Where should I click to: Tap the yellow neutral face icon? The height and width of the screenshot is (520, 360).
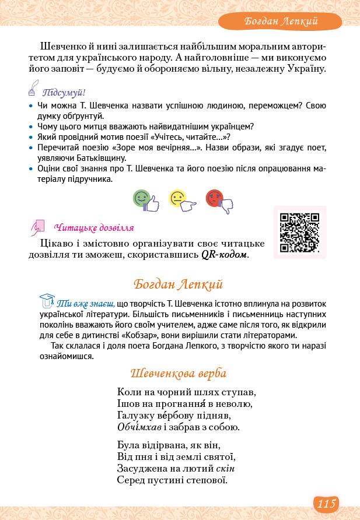(x=181, y=200)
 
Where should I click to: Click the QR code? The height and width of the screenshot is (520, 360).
(x=299, y=233)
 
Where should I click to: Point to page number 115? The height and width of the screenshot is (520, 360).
(x=326, y=503)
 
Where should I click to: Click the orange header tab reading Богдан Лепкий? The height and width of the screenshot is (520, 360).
(x=281, y=22)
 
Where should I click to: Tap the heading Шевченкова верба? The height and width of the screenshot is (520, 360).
(x=179, y=373)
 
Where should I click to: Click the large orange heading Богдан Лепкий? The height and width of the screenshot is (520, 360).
(x=178, y=284)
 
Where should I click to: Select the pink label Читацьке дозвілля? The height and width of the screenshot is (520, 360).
(x=93, y=228)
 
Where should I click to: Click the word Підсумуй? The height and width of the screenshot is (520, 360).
(x=64, y=93)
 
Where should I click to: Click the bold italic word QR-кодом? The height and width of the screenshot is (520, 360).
(x=225, y=255)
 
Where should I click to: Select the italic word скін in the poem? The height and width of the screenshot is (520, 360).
(x=225, y=468)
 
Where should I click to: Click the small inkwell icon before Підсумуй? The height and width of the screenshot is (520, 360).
(x=33, y=90)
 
